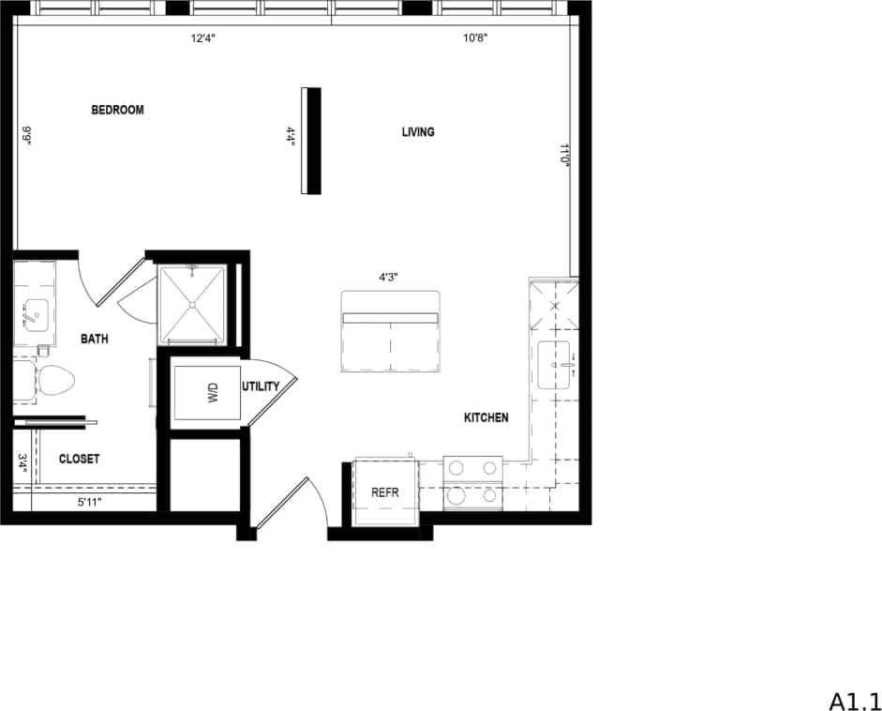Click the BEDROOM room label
117,110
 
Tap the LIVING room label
418,132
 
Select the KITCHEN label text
486,417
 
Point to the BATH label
94,339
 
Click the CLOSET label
79,459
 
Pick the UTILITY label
261,386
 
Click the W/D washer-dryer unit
207,392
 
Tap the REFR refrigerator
385,492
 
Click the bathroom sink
35,313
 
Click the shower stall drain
193,304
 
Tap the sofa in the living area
390,332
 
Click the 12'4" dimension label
206,39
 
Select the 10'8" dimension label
475,39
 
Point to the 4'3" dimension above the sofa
389,278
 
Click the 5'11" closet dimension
89,503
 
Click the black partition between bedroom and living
313,141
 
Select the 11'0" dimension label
565,155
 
